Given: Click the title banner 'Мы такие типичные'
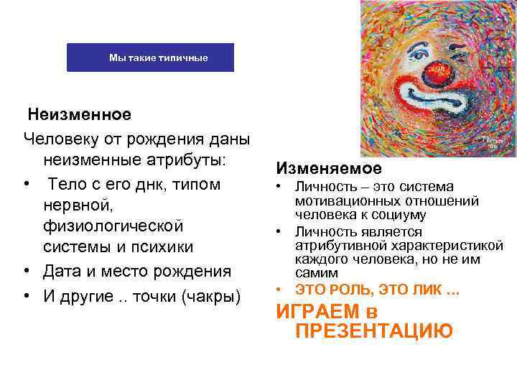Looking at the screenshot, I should [x=151, y=57].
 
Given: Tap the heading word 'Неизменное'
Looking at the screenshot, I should [x=80, y=114].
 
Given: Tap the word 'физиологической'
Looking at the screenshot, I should [x=113, y=226].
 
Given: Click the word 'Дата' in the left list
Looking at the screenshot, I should [x=65, y=272].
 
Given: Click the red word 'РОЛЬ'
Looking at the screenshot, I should [x=356, y=290].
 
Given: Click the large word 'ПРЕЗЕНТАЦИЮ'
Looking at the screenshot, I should [x=373, y=331].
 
